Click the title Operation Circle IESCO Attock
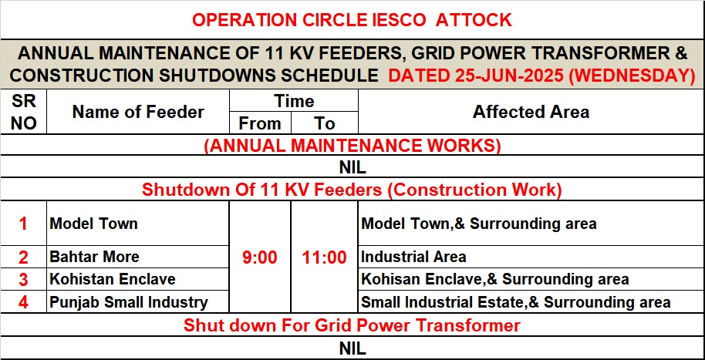click(x=352, y=19)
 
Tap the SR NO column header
click(x=23, y=112)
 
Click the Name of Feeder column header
click(x=138, y=112)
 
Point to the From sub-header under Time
click(x=260, y=123)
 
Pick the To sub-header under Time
click(x=325, y=123)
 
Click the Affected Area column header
click(x=531, y=112)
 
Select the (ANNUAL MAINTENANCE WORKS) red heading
click(x=352, y=145)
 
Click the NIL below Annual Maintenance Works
click(x=352, y=167)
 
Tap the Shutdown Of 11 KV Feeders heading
click(x=352, y=190)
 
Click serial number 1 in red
click(x=23, y=224)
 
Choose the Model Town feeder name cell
click(x=93, y=224)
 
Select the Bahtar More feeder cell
click(x=94, y=257)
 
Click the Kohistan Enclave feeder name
click(x=112, y=279)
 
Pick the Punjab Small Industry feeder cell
click(x=128, y=302)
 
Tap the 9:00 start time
click(x=260, y=257)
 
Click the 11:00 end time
click(x=325, y=257)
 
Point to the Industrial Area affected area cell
click(x=413, y=257)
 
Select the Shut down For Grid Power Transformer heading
click(x=352, y=325)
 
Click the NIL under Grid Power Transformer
click(x=352, y=348)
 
